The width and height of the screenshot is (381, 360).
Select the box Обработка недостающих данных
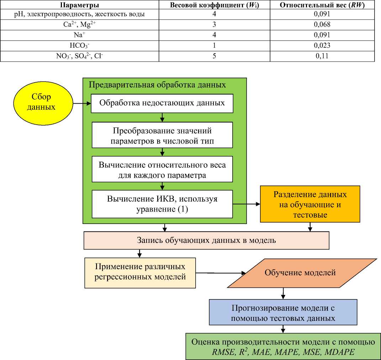[162, 103]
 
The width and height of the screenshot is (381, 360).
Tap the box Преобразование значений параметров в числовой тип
[162, 135]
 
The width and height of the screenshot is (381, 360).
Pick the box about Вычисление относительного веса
[162, 170]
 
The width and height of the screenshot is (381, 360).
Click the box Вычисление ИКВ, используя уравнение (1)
[162, 203]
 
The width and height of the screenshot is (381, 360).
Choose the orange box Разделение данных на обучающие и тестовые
[310, 205]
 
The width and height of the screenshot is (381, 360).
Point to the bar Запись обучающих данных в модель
[206, 240]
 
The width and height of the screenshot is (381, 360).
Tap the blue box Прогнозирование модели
[283, 313]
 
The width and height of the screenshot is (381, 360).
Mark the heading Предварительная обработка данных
[157, 85]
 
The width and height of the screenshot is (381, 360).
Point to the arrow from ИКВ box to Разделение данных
[246, 204]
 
